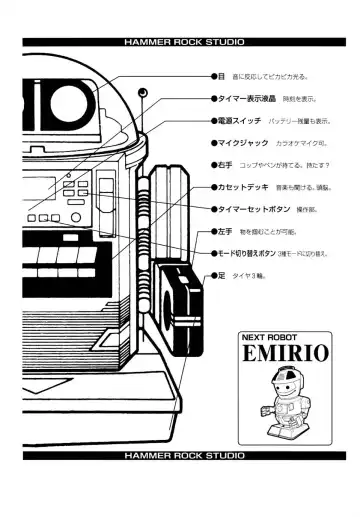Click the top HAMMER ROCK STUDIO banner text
click(179, 43)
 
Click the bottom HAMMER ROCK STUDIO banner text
click(179, 455)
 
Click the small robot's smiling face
click(282, 384)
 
